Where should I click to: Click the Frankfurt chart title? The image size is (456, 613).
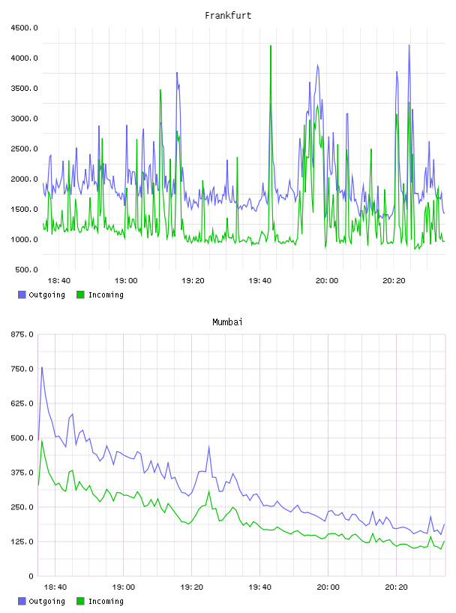click(x=228, y=16)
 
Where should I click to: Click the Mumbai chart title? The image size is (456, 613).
click(x=227, y=322)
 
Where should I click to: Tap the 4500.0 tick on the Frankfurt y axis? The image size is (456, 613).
click(x=24, y=28)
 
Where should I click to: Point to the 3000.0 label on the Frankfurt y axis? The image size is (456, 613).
click(x=24, y=119)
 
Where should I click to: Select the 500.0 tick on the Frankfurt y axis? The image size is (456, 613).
click(x=26, y=270)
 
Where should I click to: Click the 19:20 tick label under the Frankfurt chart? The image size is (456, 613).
click(x=193, y=281)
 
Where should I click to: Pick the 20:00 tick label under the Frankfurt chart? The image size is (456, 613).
click(x=327, y=281)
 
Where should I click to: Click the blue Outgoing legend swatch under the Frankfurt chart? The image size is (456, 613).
click(x=22, y=294)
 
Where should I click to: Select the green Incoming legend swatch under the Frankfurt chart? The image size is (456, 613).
click(x=80, y=294)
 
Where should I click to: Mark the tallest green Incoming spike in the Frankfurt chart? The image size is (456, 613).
click(x=271, y=46)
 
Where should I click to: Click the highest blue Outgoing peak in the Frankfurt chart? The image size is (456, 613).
click(x=409, y=45)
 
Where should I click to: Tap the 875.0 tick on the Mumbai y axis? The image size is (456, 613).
click(x=22, y=334)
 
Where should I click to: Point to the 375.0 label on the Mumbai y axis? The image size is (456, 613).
click(x=22, y=473)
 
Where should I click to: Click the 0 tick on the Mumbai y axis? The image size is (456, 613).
click(x=31, y=576)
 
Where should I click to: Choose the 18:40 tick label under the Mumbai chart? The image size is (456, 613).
click(x=55, y=587)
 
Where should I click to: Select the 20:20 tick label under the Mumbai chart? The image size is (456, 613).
click(x=396, y=587)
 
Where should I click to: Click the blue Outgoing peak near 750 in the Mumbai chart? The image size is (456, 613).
click(x=42, y=367)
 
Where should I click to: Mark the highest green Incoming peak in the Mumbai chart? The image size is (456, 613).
click(x=42, y=441)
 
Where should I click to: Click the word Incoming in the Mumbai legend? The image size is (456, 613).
click(x=106, y=601)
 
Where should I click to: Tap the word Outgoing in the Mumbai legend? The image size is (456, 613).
click(x=46, y=601)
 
